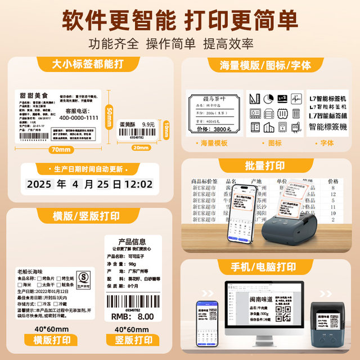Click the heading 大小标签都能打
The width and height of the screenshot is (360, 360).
[x=89, y=64]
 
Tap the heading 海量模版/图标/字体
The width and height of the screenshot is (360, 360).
[x=265, y=65]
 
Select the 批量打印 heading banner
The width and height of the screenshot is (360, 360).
[x=265, y=166]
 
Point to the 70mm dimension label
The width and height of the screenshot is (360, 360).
[x=60, y=150]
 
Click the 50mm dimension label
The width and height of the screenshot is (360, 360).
[x=109, y=116]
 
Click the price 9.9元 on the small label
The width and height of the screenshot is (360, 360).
[x=148, y=124]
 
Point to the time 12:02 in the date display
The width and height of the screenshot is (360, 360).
[x=138, y=184]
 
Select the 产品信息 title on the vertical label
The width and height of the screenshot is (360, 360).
[x=132, y=242]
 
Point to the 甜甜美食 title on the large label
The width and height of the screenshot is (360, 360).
[x=33, y=97]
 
